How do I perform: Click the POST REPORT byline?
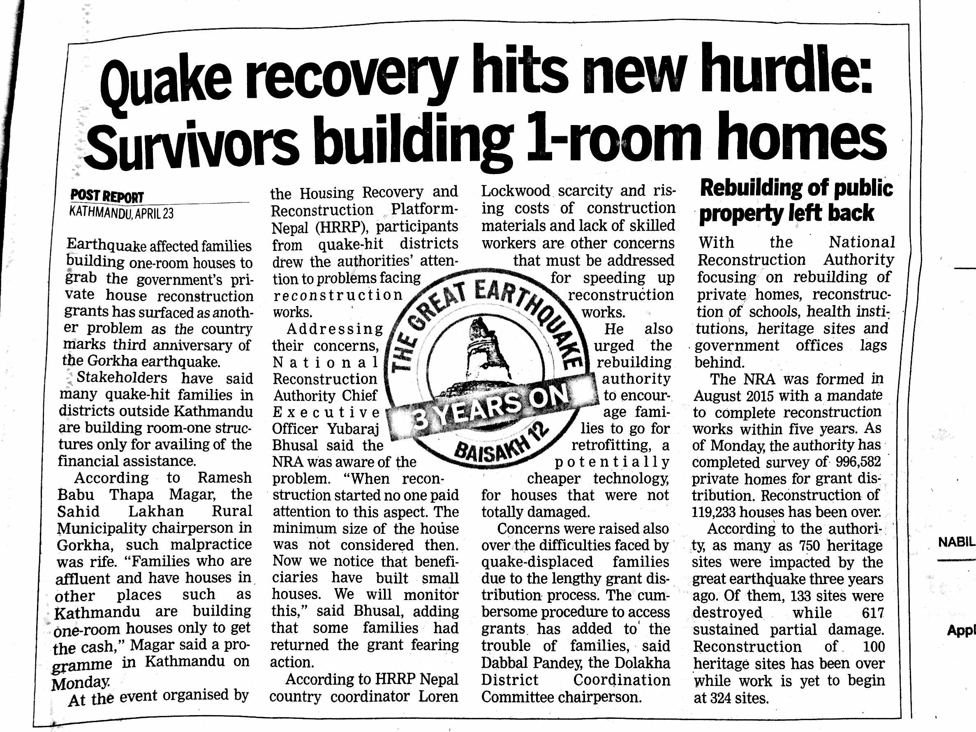[107, 196]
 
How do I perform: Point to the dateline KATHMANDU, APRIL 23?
[121, 213]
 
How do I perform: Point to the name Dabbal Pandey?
[532, 663]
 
